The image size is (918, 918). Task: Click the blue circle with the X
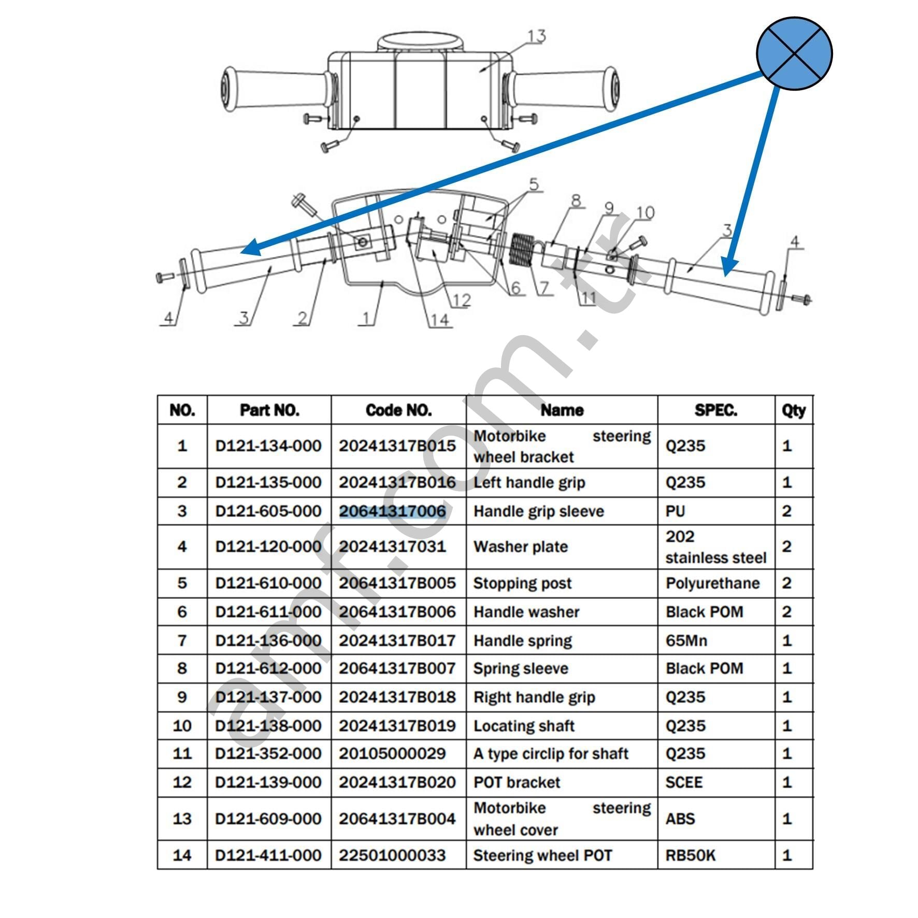[794, 54]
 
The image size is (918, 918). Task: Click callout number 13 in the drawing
[536, 36]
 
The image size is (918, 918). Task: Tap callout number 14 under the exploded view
[439, 320]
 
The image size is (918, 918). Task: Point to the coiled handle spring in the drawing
[522, 250]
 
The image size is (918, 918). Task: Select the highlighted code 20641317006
[392, 511]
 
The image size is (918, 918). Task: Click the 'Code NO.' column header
[398, 410]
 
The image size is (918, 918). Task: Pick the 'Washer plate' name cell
[520, 547]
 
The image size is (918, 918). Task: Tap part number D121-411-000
[268, 855]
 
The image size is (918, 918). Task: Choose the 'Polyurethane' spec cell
[712, 583]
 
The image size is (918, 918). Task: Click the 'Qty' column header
[793, 410]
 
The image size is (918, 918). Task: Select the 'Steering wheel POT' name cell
[542, 855]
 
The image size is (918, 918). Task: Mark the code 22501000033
[392, 855]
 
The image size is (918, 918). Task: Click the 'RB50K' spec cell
[690, 855]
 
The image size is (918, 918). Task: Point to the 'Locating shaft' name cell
[524, 725]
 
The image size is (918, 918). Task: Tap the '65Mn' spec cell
[686, 640]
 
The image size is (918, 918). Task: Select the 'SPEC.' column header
[715, 410]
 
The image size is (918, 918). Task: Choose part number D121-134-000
[268, 446]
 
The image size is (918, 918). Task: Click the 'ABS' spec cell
[680, 819]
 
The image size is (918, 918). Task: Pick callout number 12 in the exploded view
[461, 300]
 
